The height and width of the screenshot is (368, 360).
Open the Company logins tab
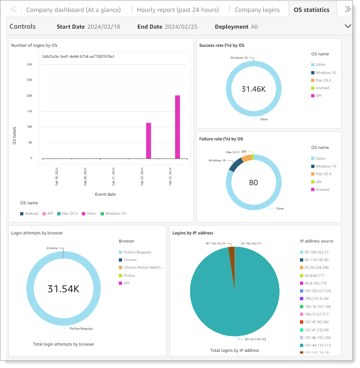[257, 10]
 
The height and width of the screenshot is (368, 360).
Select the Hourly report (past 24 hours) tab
[177, 10]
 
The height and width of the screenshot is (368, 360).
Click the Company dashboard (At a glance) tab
[76, 10]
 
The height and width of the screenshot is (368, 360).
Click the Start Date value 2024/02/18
[103, 27]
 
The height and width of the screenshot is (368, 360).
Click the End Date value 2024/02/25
[181, 27]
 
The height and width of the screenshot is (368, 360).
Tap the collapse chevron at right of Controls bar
[347, 26]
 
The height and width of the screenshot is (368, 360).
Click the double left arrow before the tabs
[14, 10]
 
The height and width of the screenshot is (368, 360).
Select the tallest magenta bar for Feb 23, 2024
[177, 127]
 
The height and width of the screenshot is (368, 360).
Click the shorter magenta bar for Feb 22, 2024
[148, 140]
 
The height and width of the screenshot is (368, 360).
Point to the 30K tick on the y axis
[29, 64]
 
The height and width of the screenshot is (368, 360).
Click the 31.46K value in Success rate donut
[254, 89]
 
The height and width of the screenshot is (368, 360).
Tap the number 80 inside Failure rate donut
[253, 182]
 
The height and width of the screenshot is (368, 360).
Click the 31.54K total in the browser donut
[63, 288]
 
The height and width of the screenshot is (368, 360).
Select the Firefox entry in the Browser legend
[129, 275]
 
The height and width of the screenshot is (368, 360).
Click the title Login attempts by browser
[37, 232]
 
